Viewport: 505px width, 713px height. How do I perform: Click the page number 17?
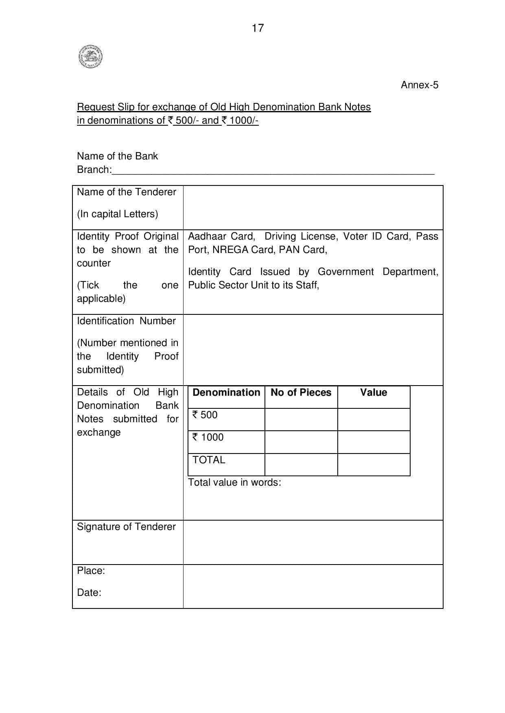[x=258, y=28]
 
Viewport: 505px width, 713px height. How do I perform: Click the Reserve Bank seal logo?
[x=90, y=57]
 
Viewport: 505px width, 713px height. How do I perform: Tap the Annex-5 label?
[x=419, y=85]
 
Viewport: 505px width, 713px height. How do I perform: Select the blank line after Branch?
[x=273, y=171]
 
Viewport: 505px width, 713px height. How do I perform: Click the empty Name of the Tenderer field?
[x=313, y=207]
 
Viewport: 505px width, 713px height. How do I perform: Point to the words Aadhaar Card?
[x=221, y=236]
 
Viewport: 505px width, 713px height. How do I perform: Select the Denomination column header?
[x=226, y=392]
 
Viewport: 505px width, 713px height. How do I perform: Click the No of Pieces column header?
[x=301, y=392]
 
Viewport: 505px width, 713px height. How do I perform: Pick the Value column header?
[x=374, y=392]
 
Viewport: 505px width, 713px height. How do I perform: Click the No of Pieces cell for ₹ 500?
[x=301, y=419]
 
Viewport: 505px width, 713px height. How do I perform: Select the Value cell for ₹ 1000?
[x=374, y=442]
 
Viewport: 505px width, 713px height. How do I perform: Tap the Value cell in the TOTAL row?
[x=374, y=464]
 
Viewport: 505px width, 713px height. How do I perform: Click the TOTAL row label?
[x=209, y=460]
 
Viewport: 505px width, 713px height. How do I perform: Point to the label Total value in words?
[x=234, y=482]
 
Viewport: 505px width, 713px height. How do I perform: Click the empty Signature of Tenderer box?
[x=313, y=542]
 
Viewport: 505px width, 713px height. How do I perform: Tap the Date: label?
[x=89, y=593]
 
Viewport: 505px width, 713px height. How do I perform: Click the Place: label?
[x=91, y=571]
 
